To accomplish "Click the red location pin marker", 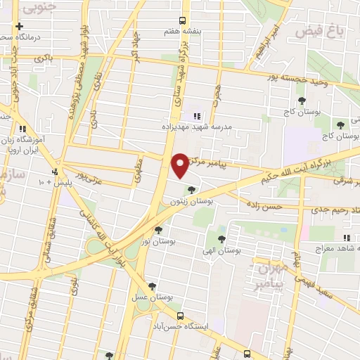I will tap(180, 165).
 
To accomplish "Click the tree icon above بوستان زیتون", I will tap(191, 189).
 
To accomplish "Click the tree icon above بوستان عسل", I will tap(153, 285).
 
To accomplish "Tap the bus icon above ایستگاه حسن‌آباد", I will tap(181, 316).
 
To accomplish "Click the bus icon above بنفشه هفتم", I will tap(182, 20).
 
